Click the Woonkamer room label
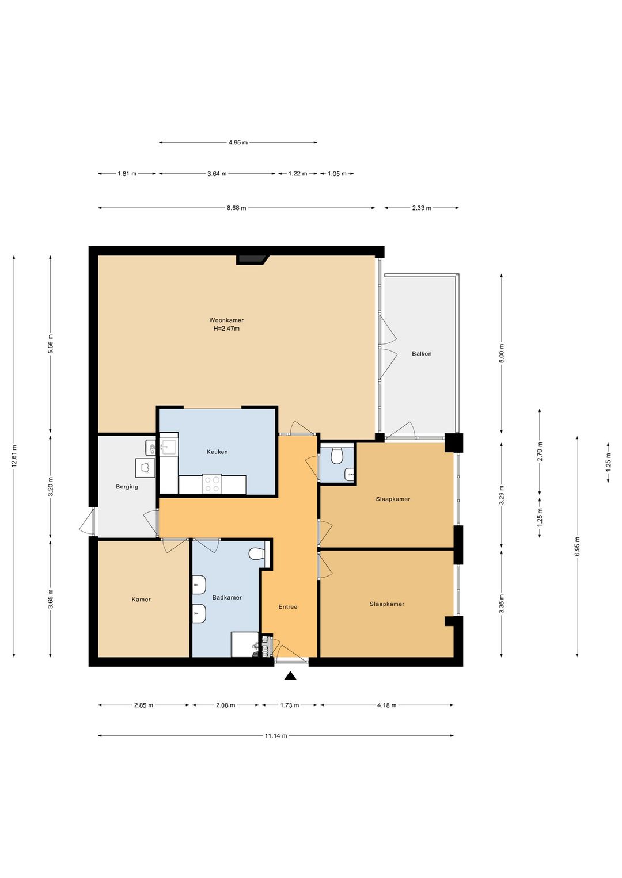coord(226,320)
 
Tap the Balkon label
coord(422,353)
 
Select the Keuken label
coord(217,452)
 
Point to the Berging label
coord(127,487)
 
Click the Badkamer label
coord(227,597)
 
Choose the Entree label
coord(287,607)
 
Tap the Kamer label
coord(141,600)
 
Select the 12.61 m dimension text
coord(14,456)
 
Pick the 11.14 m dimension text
coord(276,736)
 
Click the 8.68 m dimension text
coord(236,208)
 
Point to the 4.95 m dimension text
coord(238,143)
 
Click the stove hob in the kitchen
coord(212,484)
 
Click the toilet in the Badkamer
coord(256,553)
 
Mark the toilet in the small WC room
coord(337,455)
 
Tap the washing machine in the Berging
coord(145,468)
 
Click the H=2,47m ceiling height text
coord(226,329)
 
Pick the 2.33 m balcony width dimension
coord(422,208)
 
